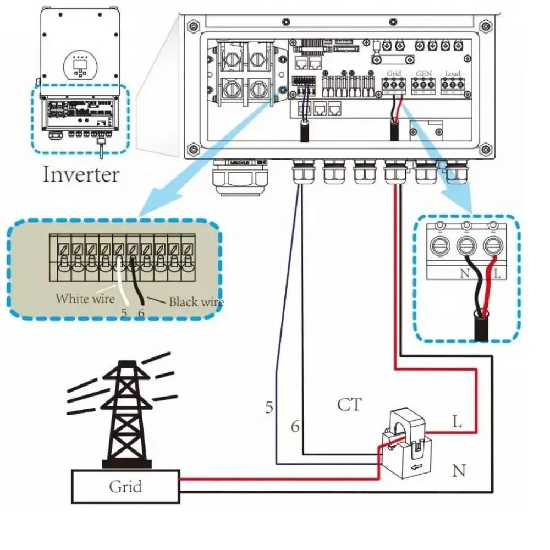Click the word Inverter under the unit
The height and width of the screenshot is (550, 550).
pyautogui.click(x=81, y=174)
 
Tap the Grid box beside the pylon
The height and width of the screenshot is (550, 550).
pyautogui.click(x=125, y=487)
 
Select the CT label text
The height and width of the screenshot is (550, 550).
pyautogui.click(x=349, y=405)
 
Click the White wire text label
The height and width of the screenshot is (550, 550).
pyautogui.click(x=85, y=299)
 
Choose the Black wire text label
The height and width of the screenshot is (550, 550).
pyautogui.click(x=196, y=302)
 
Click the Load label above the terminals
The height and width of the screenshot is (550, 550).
pyautogui.click(x=452, y=73)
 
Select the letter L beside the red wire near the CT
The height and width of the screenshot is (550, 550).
pyautogui.click(x=457, y=422)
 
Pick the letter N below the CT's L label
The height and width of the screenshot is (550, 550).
pyautogui.click(x=459, y=471)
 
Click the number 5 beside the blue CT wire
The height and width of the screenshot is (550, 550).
pyautogui.click(x=269, y=408)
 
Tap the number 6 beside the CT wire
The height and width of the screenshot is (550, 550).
pyautogui.click(x=295, y=427)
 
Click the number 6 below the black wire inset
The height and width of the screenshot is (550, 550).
pyautogui.click(x=141, y=313)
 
